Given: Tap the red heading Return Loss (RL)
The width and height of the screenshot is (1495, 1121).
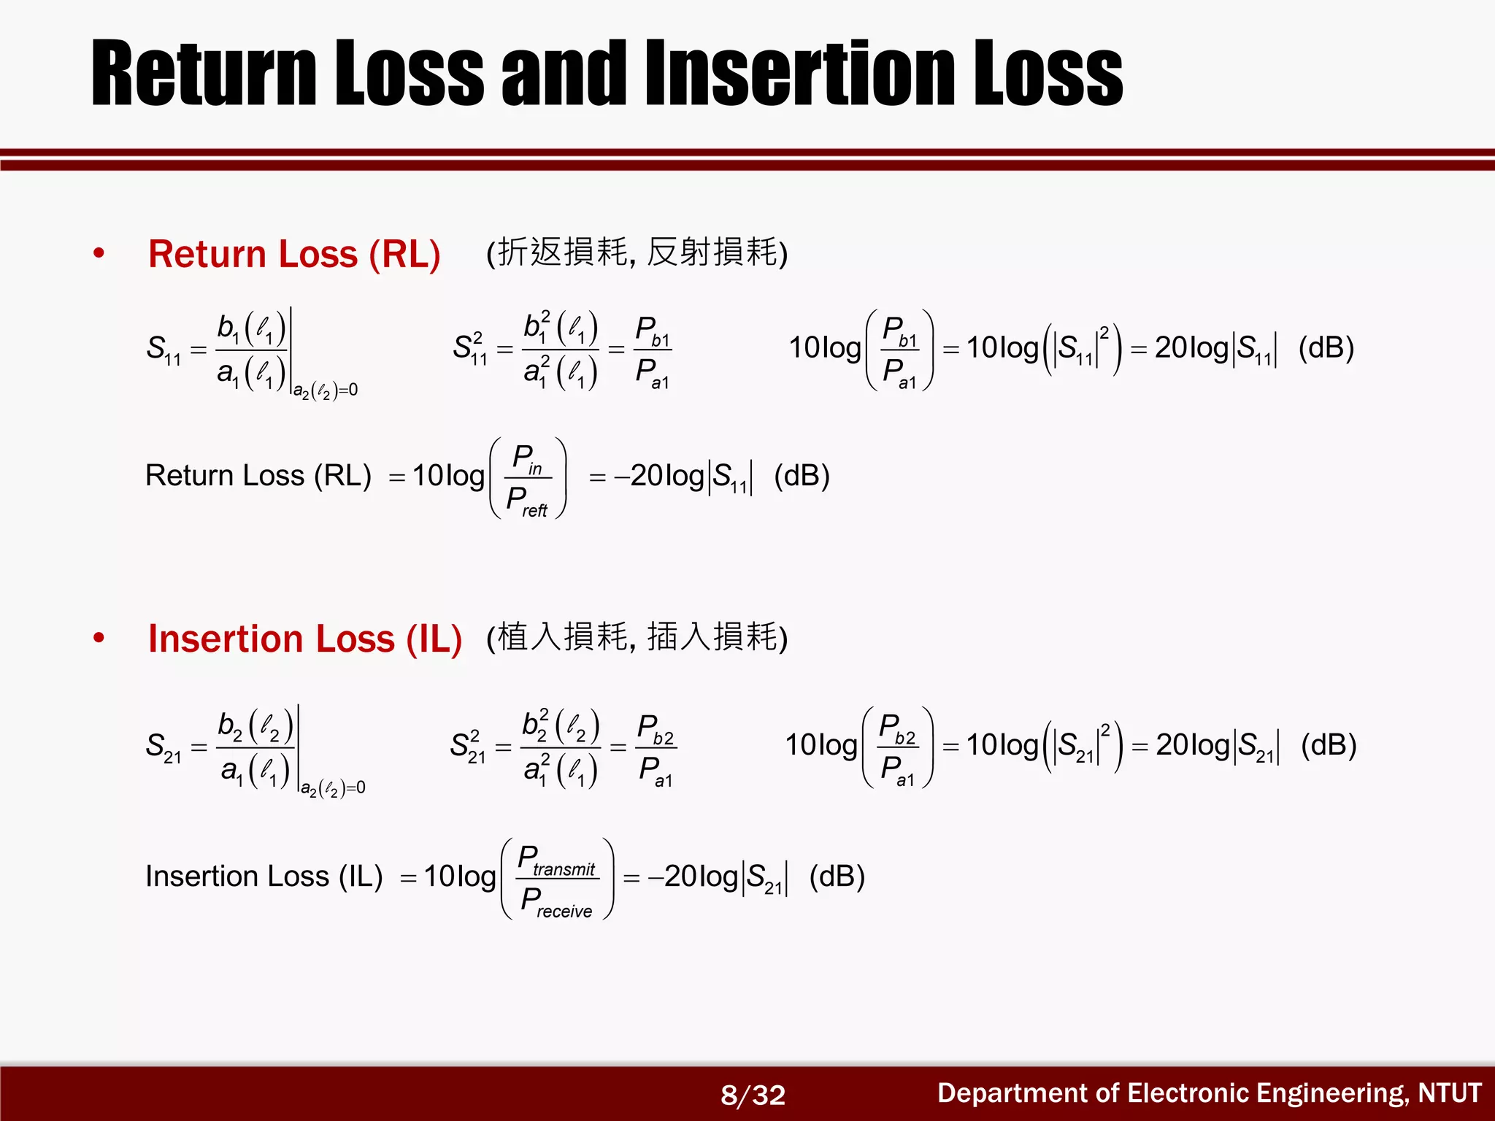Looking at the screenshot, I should tap(294, 255).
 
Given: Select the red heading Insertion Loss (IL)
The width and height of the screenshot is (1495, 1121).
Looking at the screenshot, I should tap(305, 639).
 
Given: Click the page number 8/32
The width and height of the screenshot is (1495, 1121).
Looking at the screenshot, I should tap(753, 1095).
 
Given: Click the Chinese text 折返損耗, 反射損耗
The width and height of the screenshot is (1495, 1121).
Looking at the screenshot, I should tap(637, 253).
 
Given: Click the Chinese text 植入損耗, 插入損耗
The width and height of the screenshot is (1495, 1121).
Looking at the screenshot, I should tap(637, 637).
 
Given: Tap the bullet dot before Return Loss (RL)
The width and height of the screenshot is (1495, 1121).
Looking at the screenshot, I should tap(99, 254).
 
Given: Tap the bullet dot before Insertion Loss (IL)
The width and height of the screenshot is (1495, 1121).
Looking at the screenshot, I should tap(99, 639).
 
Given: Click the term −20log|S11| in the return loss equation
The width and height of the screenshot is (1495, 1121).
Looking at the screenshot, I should tap(683, 477).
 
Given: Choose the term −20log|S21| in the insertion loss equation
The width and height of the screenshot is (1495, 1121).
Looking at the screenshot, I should tap(718, 877).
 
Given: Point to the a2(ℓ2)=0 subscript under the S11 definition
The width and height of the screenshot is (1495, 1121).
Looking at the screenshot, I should tap(326, 391).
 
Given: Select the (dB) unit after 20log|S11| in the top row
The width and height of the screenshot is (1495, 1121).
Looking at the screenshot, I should tap(1326, 348).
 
